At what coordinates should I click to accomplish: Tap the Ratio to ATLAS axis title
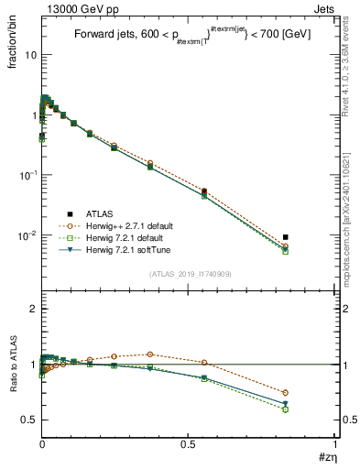(x=14, y=364)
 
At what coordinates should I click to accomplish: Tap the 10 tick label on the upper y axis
(x=29, y=55)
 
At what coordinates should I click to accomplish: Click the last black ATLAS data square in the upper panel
(x=286, y=237)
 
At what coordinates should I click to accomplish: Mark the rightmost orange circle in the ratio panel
(x=286, y=392)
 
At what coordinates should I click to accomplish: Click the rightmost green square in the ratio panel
(x=286, y=409)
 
